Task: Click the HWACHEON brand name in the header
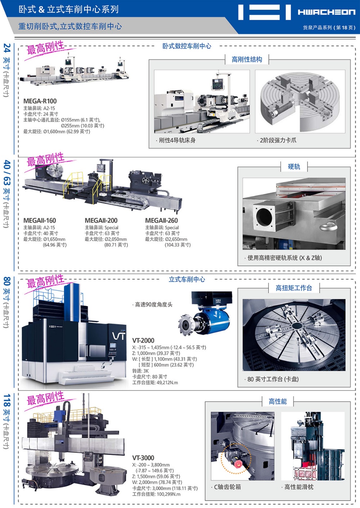tap(327, 12)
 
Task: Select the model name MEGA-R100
tap(40, 101)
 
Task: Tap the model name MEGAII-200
tap(101, 221)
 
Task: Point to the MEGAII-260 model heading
tap(161, 221)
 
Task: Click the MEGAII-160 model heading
tap(40, 221)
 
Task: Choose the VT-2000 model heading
tap(143, 340)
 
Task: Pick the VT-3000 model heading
tap(143, 458)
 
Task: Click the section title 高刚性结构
tap(247, 59)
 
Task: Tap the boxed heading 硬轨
tap(294, 167)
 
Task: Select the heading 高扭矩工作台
tap(294, 288)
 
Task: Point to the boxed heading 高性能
tap(278, 402)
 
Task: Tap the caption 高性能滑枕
tap(298, 487)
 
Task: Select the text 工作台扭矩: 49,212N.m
tap(155, 382)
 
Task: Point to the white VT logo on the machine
tap(118, 336)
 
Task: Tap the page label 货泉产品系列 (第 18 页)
tap(329, 28)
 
